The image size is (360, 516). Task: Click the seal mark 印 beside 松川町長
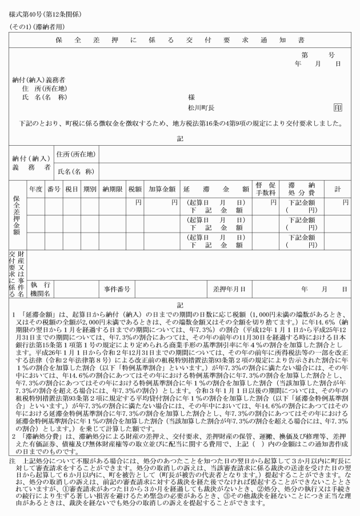338,107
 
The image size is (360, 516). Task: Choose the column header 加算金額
162,188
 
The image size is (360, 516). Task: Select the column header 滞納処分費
299,188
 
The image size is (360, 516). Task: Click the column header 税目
71,188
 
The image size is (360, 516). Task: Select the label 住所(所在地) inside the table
76,154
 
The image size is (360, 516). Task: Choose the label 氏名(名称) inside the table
76,171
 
